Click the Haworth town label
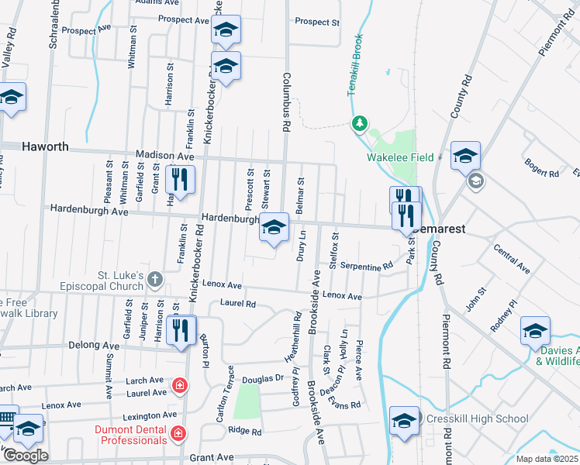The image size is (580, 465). pos(45,146)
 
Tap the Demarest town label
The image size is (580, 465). pos(440,230)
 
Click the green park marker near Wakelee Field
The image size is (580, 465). pos(359,122)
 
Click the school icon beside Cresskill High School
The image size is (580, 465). pos(404,421)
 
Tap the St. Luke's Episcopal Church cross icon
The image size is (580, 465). pos(156,278)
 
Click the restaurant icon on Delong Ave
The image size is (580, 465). pos(181,329)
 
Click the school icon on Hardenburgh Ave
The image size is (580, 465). pos(274,228)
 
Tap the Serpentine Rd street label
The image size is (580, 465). pos(366,267)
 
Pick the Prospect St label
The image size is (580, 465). pos(317,22)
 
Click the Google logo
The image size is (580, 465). pos(25,456)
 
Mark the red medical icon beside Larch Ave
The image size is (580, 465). pos(180,384)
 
